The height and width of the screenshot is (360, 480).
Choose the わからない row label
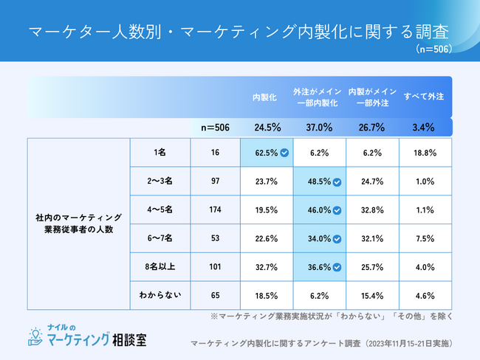tap(160, 295)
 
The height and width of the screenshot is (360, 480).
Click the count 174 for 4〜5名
tap(216, 210)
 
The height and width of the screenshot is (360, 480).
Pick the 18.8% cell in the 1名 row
tap(423, 153)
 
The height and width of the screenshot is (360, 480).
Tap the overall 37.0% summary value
tap(319, 128)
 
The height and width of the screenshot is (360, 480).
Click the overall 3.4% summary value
tap(423, 128)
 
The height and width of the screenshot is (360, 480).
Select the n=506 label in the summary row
tap(215, 128)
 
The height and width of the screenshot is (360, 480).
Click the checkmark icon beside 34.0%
tap(337, 239)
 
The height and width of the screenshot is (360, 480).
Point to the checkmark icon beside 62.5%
tap(284, 153)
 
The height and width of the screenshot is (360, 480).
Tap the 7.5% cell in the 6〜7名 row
tap(423, 238)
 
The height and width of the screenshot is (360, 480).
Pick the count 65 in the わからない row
tap(216, 295)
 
